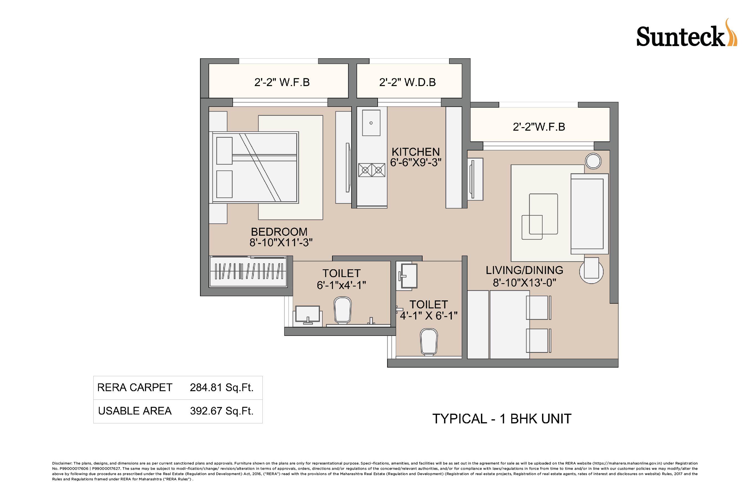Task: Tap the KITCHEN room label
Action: (x=415, y=152)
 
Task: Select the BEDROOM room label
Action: (x=279, y=232)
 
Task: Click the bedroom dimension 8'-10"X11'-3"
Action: (x=281, y=243)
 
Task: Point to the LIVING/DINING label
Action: (x=524, y=270)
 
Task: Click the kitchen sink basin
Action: (x=371, y=123)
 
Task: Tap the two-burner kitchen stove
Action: (x=372, y=170)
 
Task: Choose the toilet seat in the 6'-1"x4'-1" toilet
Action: (x=342, y=310)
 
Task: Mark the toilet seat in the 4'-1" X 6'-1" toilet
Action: (x=429, y=342)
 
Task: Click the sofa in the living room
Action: (x=590, y=214)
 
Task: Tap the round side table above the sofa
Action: (x=593, y=161)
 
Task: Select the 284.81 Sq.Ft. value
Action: (x=222, y=388)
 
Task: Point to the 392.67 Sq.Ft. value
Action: (x=222, y=411)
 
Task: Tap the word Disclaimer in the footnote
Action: (x=62, y=463)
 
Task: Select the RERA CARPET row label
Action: (x=135, y=388)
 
